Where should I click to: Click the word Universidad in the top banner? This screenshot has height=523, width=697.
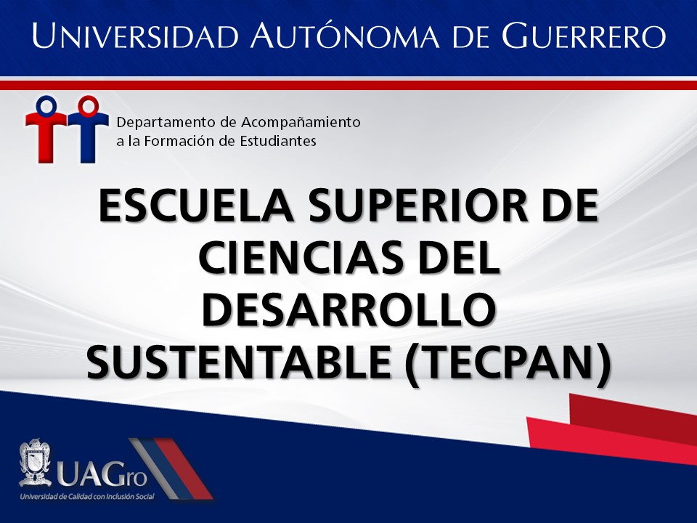click(x=136, y=35)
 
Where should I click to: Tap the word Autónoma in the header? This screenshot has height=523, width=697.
click(x=344, y=34)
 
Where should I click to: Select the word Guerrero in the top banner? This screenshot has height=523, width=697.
click(x=584, y=35)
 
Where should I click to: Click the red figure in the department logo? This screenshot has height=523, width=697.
click(x=45, y=129)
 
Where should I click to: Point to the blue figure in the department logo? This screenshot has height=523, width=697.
click(x=88, y=129)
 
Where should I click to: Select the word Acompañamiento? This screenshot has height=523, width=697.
click(x=301, y=123)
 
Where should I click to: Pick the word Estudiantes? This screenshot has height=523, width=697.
click(x=278, y=142)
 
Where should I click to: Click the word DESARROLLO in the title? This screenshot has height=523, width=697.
click(x=349, y=309)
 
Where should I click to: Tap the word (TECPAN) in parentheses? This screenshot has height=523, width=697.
click(x=508, y=363)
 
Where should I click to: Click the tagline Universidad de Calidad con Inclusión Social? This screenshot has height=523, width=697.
click(x=87, y=496)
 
